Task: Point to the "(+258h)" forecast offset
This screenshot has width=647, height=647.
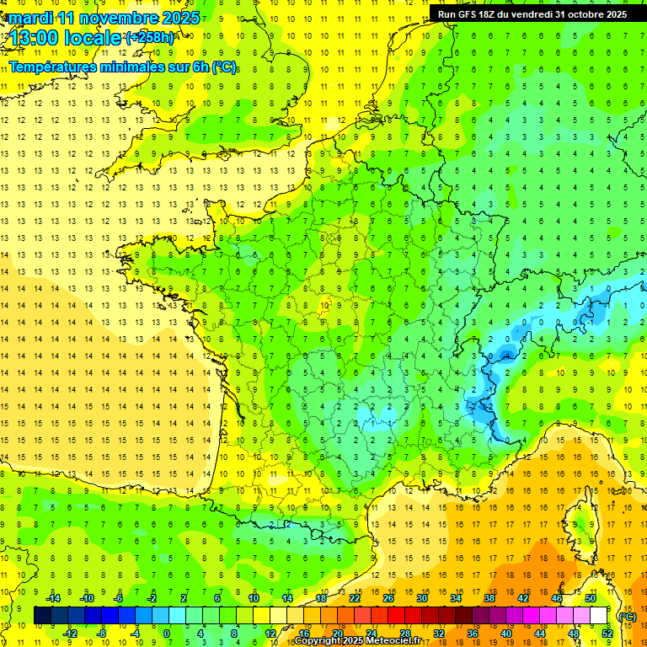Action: point(150,37)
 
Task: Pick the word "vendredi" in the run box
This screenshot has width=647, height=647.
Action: point(532,14)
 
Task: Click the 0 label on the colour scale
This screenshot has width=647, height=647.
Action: point(167,634)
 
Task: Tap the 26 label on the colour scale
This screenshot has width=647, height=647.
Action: point(388,598)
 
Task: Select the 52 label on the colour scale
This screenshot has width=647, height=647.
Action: point(607,634)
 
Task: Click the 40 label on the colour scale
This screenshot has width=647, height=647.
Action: point(505,634)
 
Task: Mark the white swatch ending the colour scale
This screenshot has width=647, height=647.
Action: point(599,616)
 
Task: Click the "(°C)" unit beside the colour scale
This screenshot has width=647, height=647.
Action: point(627,616)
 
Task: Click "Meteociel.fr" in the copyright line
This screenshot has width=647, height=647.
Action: point(393,641)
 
